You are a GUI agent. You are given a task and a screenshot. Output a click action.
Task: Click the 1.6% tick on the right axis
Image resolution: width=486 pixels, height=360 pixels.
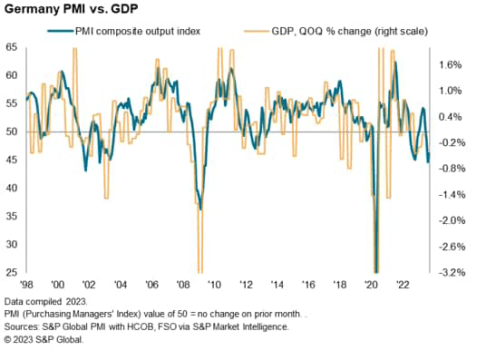(452, 65)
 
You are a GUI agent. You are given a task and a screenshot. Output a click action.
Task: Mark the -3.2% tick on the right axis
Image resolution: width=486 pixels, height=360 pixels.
(452, 272)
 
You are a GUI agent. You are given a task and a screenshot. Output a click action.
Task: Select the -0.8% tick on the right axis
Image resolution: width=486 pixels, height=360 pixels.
(452, 169)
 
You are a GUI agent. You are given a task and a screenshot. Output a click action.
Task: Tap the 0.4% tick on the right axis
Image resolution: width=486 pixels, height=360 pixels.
(452, 117)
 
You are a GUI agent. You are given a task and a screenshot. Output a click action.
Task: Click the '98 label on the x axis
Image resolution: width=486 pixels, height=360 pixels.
(30, 284)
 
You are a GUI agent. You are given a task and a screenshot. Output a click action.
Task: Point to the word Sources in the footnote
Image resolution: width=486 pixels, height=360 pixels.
(23, 326)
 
